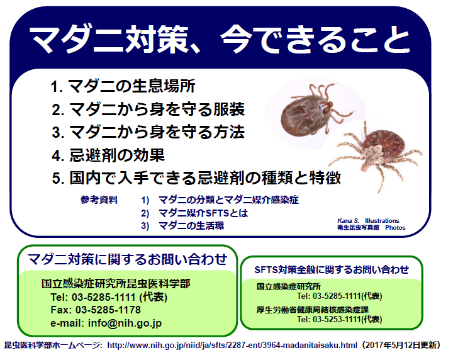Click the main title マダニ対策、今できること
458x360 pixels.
(219, 40)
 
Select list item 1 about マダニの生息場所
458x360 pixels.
(123, 86)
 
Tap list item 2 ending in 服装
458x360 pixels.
(148, 110)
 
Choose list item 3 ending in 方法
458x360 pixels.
(148, 132)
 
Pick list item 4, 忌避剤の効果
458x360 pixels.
(108, 155)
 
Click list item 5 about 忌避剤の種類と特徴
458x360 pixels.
(196, 177)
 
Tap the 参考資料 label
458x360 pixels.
(99, 200)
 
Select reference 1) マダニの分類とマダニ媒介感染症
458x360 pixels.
(220, 200)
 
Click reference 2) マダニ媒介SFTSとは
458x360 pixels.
(194, 213)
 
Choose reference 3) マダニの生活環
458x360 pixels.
(182, 226)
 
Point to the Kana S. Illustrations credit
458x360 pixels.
(368, 221)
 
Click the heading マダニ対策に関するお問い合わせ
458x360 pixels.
(127, 259)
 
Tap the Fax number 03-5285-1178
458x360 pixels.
(108, 310)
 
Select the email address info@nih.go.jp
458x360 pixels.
(125, 323)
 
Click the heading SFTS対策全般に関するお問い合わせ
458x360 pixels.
(332, 269)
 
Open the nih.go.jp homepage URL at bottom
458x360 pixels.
(232, 346)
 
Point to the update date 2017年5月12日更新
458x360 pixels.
(400, 346)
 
